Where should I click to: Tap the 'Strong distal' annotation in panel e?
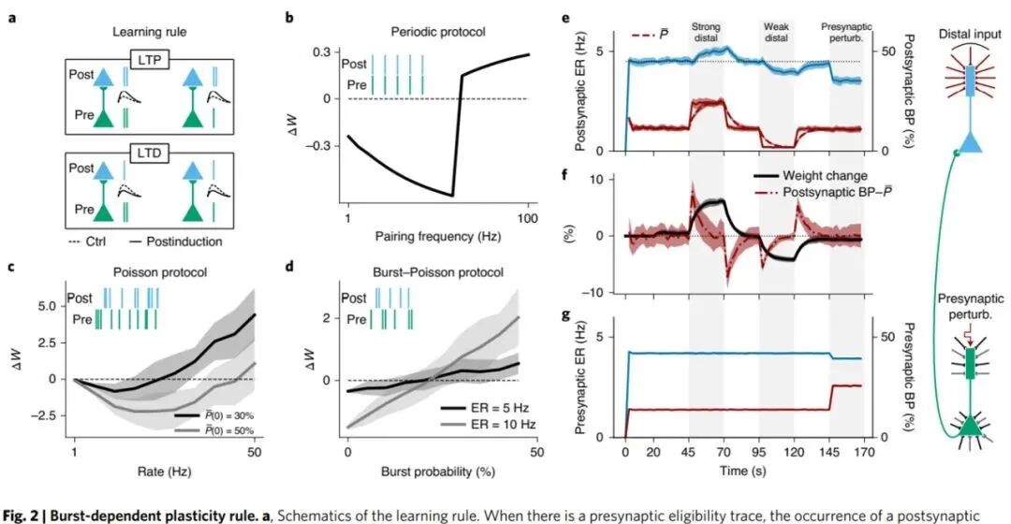(x=705, y=34)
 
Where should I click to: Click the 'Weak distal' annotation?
(x=776, y=34)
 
